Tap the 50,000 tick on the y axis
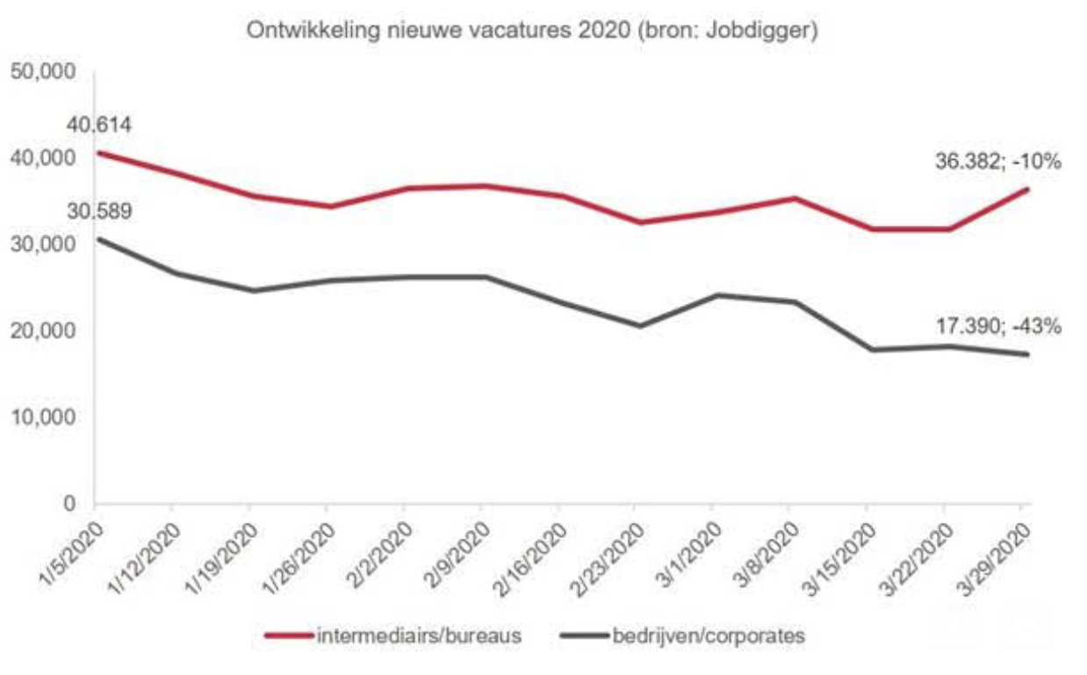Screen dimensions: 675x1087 tap(44, 72)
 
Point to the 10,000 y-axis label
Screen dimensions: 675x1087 tap(44, 418)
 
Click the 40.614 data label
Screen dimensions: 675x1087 tap(98, 126)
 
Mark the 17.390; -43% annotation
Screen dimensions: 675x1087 tap(997, 327)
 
